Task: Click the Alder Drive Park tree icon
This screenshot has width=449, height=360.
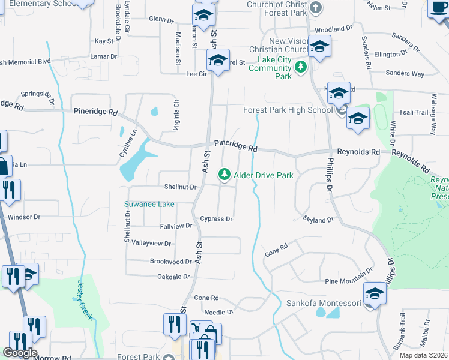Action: point(224,175)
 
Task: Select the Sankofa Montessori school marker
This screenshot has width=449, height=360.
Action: point(374,295)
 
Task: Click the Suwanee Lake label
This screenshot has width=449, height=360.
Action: point(149,204)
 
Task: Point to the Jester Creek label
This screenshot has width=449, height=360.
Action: point(85,301)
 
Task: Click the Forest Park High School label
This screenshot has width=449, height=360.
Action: point(288,110)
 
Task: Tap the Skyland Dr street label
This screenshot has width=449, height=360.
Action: point(318,220)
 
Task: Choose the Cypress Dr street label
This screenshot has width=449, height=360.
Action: point(216,219)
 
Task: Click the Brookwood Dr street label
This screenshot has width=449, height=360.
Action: point(170,262)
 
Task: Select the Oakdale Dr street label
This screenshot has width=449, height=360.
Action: point(173,277)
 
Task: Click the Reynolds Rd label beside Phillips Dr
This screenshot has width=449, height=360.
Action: point(359,152)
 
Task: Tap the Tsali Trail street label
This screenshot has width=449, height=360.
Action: point(414,113)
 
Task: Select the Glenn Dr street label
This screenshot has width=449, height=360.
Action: point(161,19)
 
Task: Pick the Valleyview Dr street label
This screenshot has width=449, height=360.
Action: point(151,244)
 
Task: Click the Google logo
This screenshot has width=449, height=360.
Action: point(20,353)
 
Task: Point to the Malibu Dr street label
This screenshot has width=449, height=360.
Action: point(424,335)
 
